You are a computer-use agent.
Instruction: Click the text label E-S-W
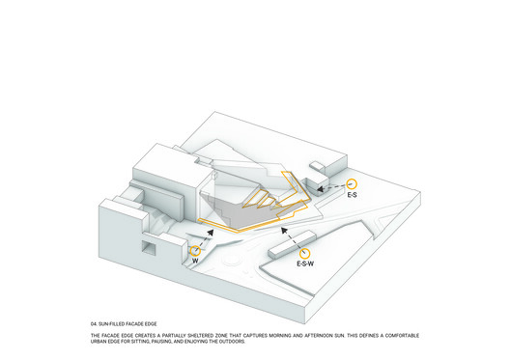click(305, 263)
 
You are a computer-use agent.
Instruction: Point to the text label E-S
click(352, 195)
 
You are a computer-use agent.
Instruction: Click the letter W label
click(195, 261)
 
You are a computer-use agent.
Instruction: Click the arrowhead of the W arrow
click(211, 232)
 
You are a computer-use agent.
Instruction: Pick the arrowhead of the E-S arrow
click(320, 189)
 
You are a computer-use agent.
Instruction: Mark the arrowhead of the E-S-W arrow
click(285, 231)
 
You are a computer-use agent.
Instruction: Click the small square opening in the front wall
click(149, 249)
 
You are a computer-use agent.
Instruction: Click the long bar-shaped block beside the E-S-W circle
click(292, 244)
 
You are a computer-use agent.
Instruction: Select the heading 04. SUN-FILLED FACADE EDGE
click(124, 324)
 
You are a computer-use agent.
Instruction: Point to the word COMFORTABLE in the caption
click(402, 335)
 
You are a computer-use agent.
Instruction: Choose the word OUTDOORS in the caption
click(232, 342)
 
